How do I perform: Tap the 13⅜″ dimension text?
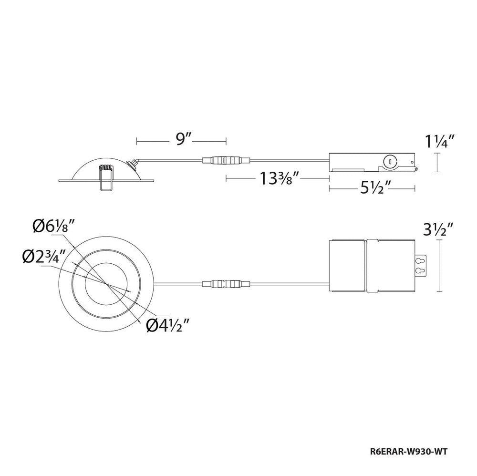[x=276, y=178]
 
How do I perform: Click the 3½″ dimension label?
[x=438, y=229]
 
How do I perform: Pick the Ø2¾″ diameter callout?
[x=44, y=257]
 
